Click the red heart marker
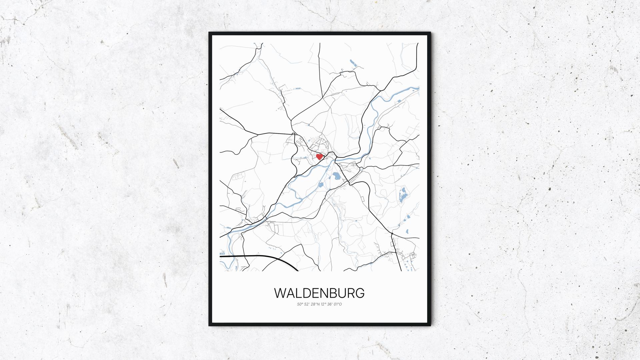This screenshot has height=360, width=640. tap(319, 156)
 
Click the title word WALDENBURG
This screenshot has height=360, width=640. tap(319, 293)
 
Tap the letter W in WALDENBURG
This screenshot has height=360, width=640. tap(280, 293)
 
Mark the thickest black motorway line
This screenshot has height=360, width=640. tap(260, 256)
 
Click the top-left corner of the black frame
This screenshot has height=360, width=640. tap(209, 33)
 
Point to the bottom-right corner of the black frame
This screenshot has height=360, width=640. tap(430, 326)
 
